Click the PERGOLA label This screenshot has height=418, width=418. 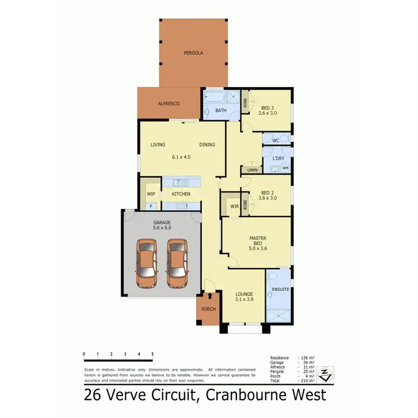coord(193,53)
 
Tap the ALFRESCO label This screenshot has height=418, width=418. coord(168,104)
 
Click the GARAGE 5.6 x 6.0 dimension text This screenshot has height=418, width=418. coord(162,227)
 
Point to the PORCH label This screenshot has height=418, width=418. coord(208,309)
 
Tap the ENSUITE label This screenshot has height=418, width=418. coord(280,289)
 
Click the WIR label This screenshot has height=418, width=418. coord(234,206)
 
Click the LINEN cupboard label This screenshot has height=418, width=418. coord(252,169)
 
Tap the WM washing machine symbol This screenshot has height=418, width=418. coord(285,168)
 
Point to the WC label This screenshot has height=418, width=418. coord(275,140)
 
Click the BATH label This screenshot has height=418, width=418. coord(221,110)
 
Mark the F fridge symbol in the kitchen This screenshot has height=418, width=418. coord(150,206)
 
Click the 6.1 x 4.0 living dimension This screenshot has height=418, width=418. coord(182,157)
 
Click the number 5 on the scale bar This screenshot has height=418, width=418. coord(152,354)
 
